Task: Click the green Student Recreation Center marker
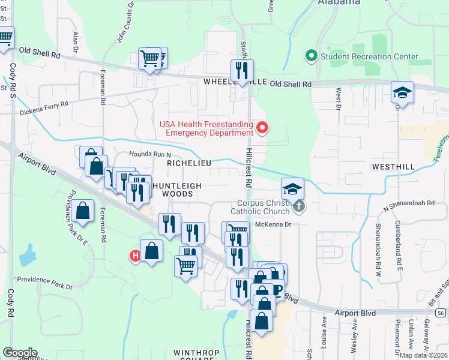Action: click(312, 57)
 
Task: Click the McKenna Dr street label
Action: click(273, 224)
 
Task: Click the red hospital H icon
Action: click(135, 256)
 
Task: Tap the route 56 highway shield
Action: click(441, 313)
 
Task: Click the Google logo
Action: click(20, 353)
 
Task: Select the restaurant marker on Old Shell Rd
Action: click(242, 70)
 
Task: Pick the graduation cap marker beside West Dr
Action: click(402, 92)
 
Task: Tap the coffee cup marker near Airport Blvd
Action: click(277, 290)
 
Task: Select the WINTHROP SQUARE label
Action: click(193, 355)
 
